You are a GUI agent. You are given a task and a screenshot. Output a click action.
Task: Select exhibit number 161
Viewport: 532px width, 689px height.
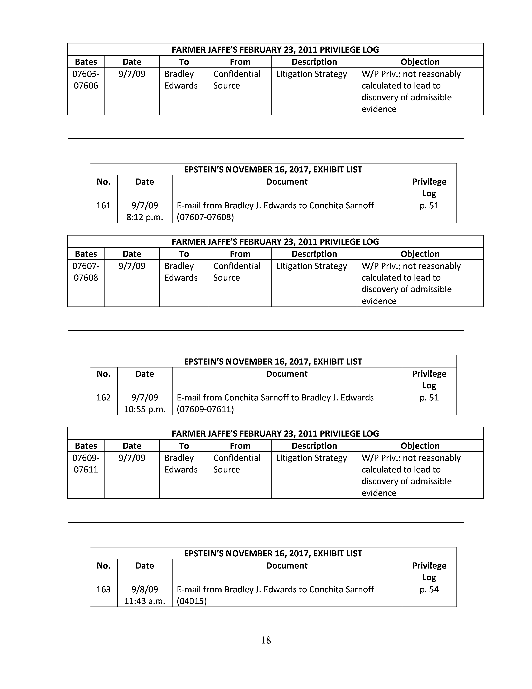(x=103, y=205)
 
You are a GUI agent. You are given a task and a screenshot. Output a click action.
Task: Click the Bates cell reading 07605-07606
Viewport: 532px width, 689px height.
(x=86, y=80)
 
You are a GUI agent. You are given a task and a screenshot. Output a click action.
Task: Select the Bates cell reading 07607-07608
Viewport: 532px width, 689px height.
(x=86, y=272)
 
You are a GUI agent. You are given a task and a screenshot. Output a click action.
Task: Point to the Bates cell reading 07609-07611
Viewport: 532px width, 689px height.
(x=86, y=464)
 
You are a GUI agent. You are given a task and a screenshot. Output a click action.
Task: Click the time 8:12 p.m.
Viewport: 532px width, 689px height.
(x=145, y=217)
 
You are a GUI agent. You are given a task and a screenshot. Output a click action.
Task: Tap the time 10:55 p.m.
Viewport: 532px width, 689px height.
(x=145, y=409)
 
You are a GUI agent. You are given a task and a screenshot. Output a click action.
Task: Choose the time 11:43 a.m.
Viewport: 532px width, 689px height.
(x=145, y=601)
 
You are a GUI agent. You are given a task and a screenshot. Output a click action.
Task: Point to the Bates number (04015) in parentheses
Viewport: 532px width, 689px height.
(x=192, y=601)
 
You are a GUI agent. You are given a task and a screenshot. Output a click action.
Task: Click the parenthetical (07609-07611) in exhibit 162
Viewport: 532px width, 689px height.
(x=205, y=409)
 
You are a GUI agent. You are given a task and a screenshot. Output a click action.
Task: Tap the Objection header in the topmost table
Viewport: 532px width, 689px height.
(x=420, y=62)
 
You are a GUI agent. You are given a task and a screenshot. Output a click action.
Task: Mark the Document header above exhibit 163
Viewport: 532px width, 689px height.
(x=287, y=565)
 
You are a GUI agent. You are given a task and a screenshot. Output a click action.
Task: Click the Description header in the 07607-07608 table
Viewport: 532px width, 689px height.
(x=314, y=254)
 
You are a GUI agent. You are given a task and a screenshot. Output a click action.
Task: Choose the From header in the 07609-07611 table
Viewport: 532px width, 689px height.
(x=240, y=446)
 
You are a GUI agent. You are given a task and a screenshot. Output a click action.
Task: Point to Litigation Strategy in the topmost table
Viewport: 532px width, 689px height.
(x=311, y=74)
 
